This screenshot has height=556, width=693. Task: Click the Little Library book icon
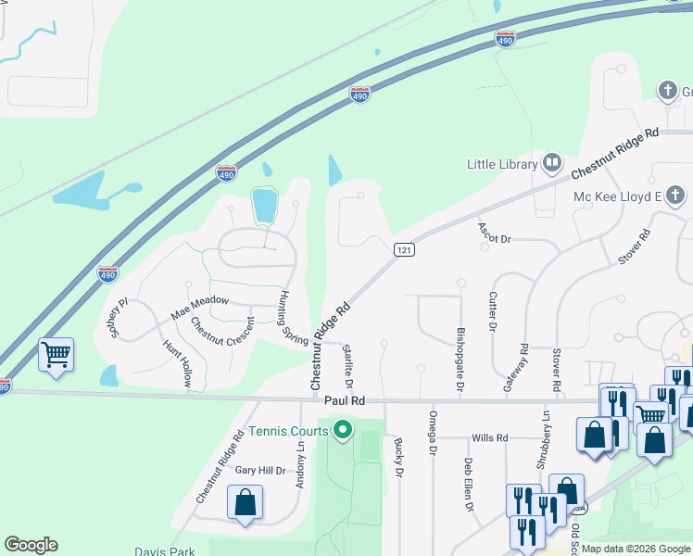point(553,164)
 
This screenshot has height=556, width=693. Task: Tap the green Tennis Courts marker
point(343,430)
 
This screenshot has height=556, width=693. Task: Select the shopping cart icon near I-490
point(57,354)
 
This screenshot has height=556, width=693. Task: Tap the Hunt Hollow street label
point(179,363)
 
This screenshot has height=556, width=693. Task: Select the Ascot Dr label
point(494,233)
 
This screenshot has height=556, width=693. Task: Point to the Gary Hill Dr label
point(259,471)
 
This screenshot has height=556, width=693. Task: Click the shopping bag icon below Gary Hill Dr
point(246,504)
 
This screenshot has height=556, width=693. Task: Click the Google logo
point(31,545)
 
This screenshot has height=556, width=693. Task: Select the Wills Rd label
point(489,437)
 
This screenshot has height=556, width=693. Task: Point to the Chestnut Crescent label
point(222,340)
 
